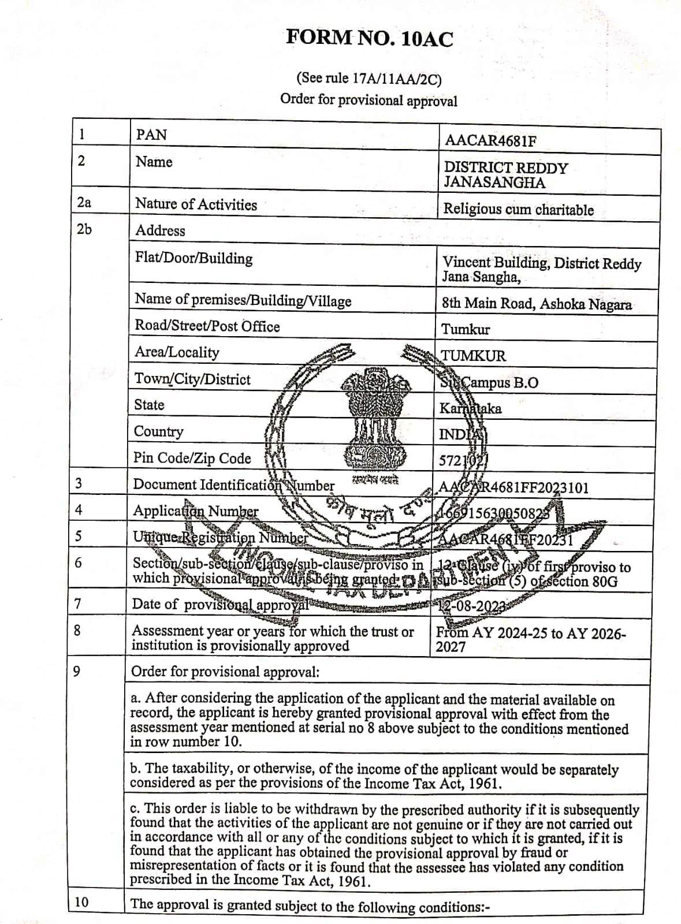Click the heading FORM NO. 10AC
(x=370, y=38)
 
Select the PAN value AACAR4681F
(x=490, y=141)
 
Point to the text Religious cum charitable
(x=518, y=209)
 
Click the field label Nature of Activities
(x=196, y=204)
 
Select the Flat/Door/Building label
(x=193, y=258)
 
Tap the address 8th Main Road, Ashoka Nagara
(x=537, y=304)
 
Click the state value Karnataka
(x=470, y=409)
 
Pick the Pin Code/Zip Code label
(x=192, y=459)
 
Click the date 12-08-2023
(x=472, y=606)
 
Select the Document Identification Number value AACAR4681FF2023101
(x=513, y=487)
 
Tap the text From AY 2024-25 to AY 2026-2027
(x=530, y=639)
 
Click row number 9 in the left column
(x=77, y=671)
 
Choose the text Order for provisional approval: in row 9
(x=225, y=672)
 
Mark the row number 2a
(x=84, y=202)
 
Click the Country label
(x=158, y=432)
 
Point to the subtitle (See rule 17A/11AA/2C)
(x=369, y=78)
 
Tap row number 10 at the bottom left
(x=82, y=901)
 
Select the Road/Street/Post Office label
(x=207, y=326)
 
